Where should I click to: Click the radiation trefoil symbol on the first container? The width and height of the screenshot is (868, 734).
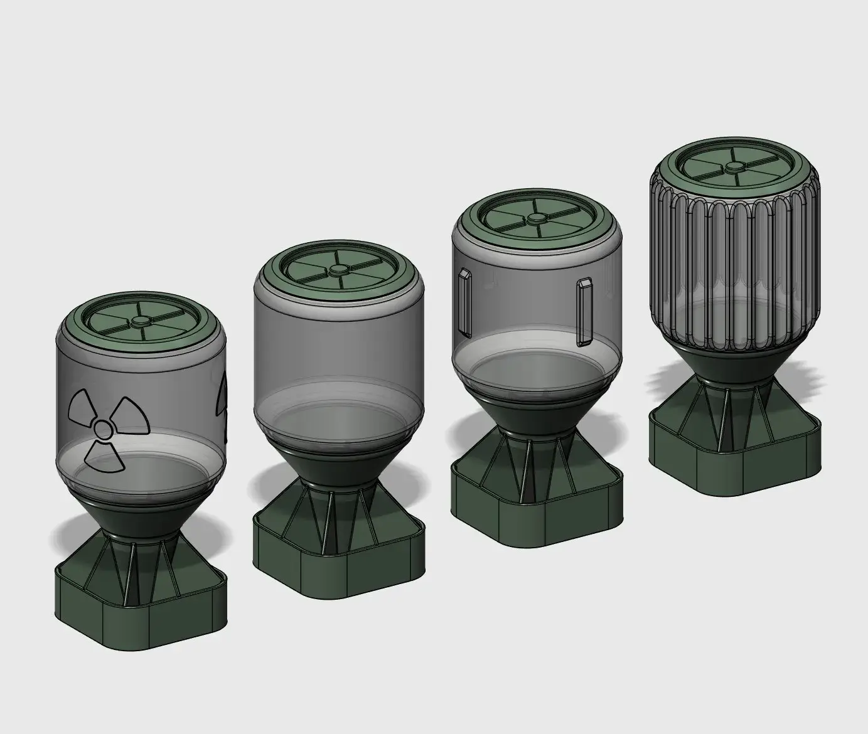pyautogui.click(x=105, y=430)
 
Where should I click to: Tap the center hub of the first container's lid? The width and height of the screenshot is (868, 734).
pyautogui.click(x=140, y=322)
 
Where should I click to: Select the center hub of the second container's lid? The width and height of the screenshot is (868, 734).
pyautogui.click(x=338, y=270)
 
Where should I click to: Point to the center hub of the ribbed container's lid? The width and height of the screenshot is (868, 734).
pyautogui.click(x=733, y=167)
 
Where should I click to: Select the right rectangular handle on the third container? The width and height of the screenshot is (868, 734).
pyautogui.click(x=584, y=312)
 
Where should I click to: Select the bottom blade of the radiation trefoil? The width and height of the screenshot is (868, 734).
pyautogui.click(x=104, y=457)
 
